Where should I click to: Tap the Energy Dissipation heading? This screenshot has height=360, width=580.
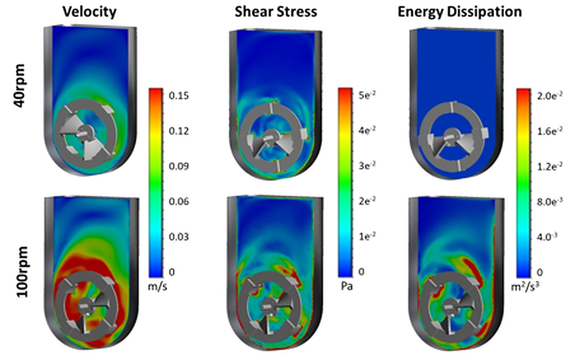click(459, 11)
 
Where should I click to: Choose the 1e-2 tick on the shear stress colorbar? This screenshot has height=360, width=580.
click(366, 237)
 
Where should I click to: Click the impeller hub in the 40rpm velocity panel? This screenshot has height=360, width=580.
click(84, 132)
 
